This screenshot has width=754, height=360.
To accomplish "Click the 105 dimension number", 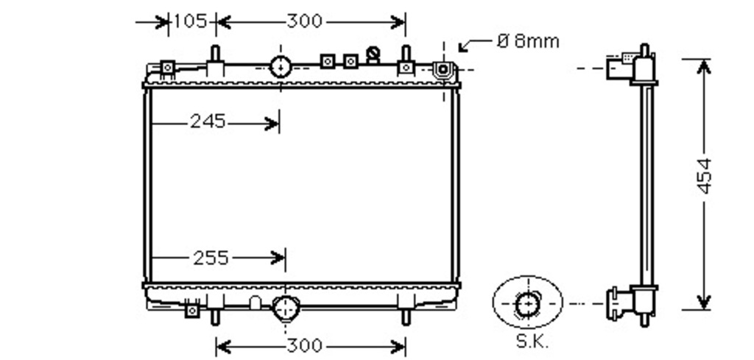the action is click(190, 21).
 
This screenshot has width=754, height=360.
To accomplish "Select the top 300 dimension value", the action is click(304, 21).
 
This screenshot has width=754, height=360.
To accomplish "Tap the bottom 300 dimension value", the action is click(304, 346).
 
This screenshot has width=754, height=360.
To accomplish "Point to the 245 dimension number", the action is click(208, 121).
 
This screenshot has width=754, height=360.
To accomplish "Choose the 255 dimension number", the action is click(211, 258).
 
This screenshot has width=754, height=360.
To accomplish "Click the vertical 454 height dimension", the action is click(704, 176).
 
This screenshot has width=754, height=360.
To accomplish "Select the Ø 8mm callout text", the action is click(528, 41).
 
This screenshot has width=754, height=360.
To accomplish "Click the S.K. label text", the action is click(532, 342).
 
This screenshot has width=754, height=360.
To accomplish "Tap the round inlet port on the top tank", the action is click(281, 67).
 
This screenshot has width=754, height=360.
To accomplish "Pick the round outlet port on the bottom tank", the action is click(286, 308).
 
